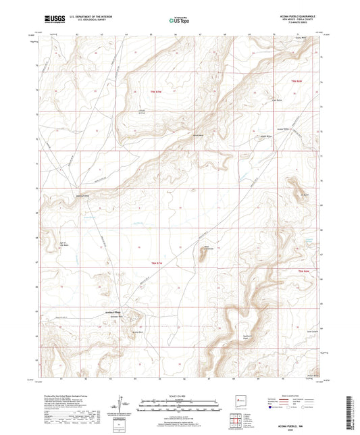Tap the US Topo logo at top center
(179, 21)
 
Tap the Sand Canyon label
(312, 331)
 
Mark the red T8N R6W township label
(304, 271)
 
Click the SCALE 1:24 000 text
(179, 395)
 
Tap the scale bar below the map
(179, 405)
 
